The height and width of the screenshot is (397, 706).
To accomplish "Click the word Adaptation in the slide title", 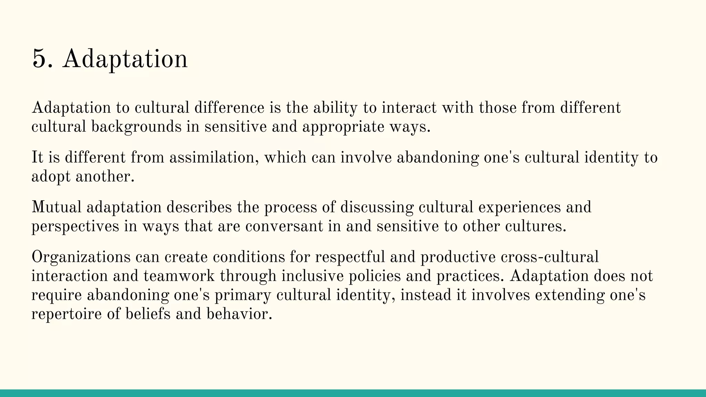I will pos(125,59).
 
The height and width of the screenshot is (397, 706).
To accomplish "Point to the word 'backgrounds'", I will pos(136,127).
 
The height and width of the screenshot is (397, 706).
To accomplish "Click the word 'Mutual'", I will pos(57,207).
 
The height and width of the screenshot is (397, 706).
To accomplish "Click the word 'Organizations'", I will pos(81,257).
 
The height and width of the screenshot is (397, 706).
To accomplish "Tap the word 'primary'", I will pos(243,295).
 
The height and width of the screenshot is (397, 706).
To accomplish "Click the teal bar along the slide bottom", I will pos(353,393).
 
